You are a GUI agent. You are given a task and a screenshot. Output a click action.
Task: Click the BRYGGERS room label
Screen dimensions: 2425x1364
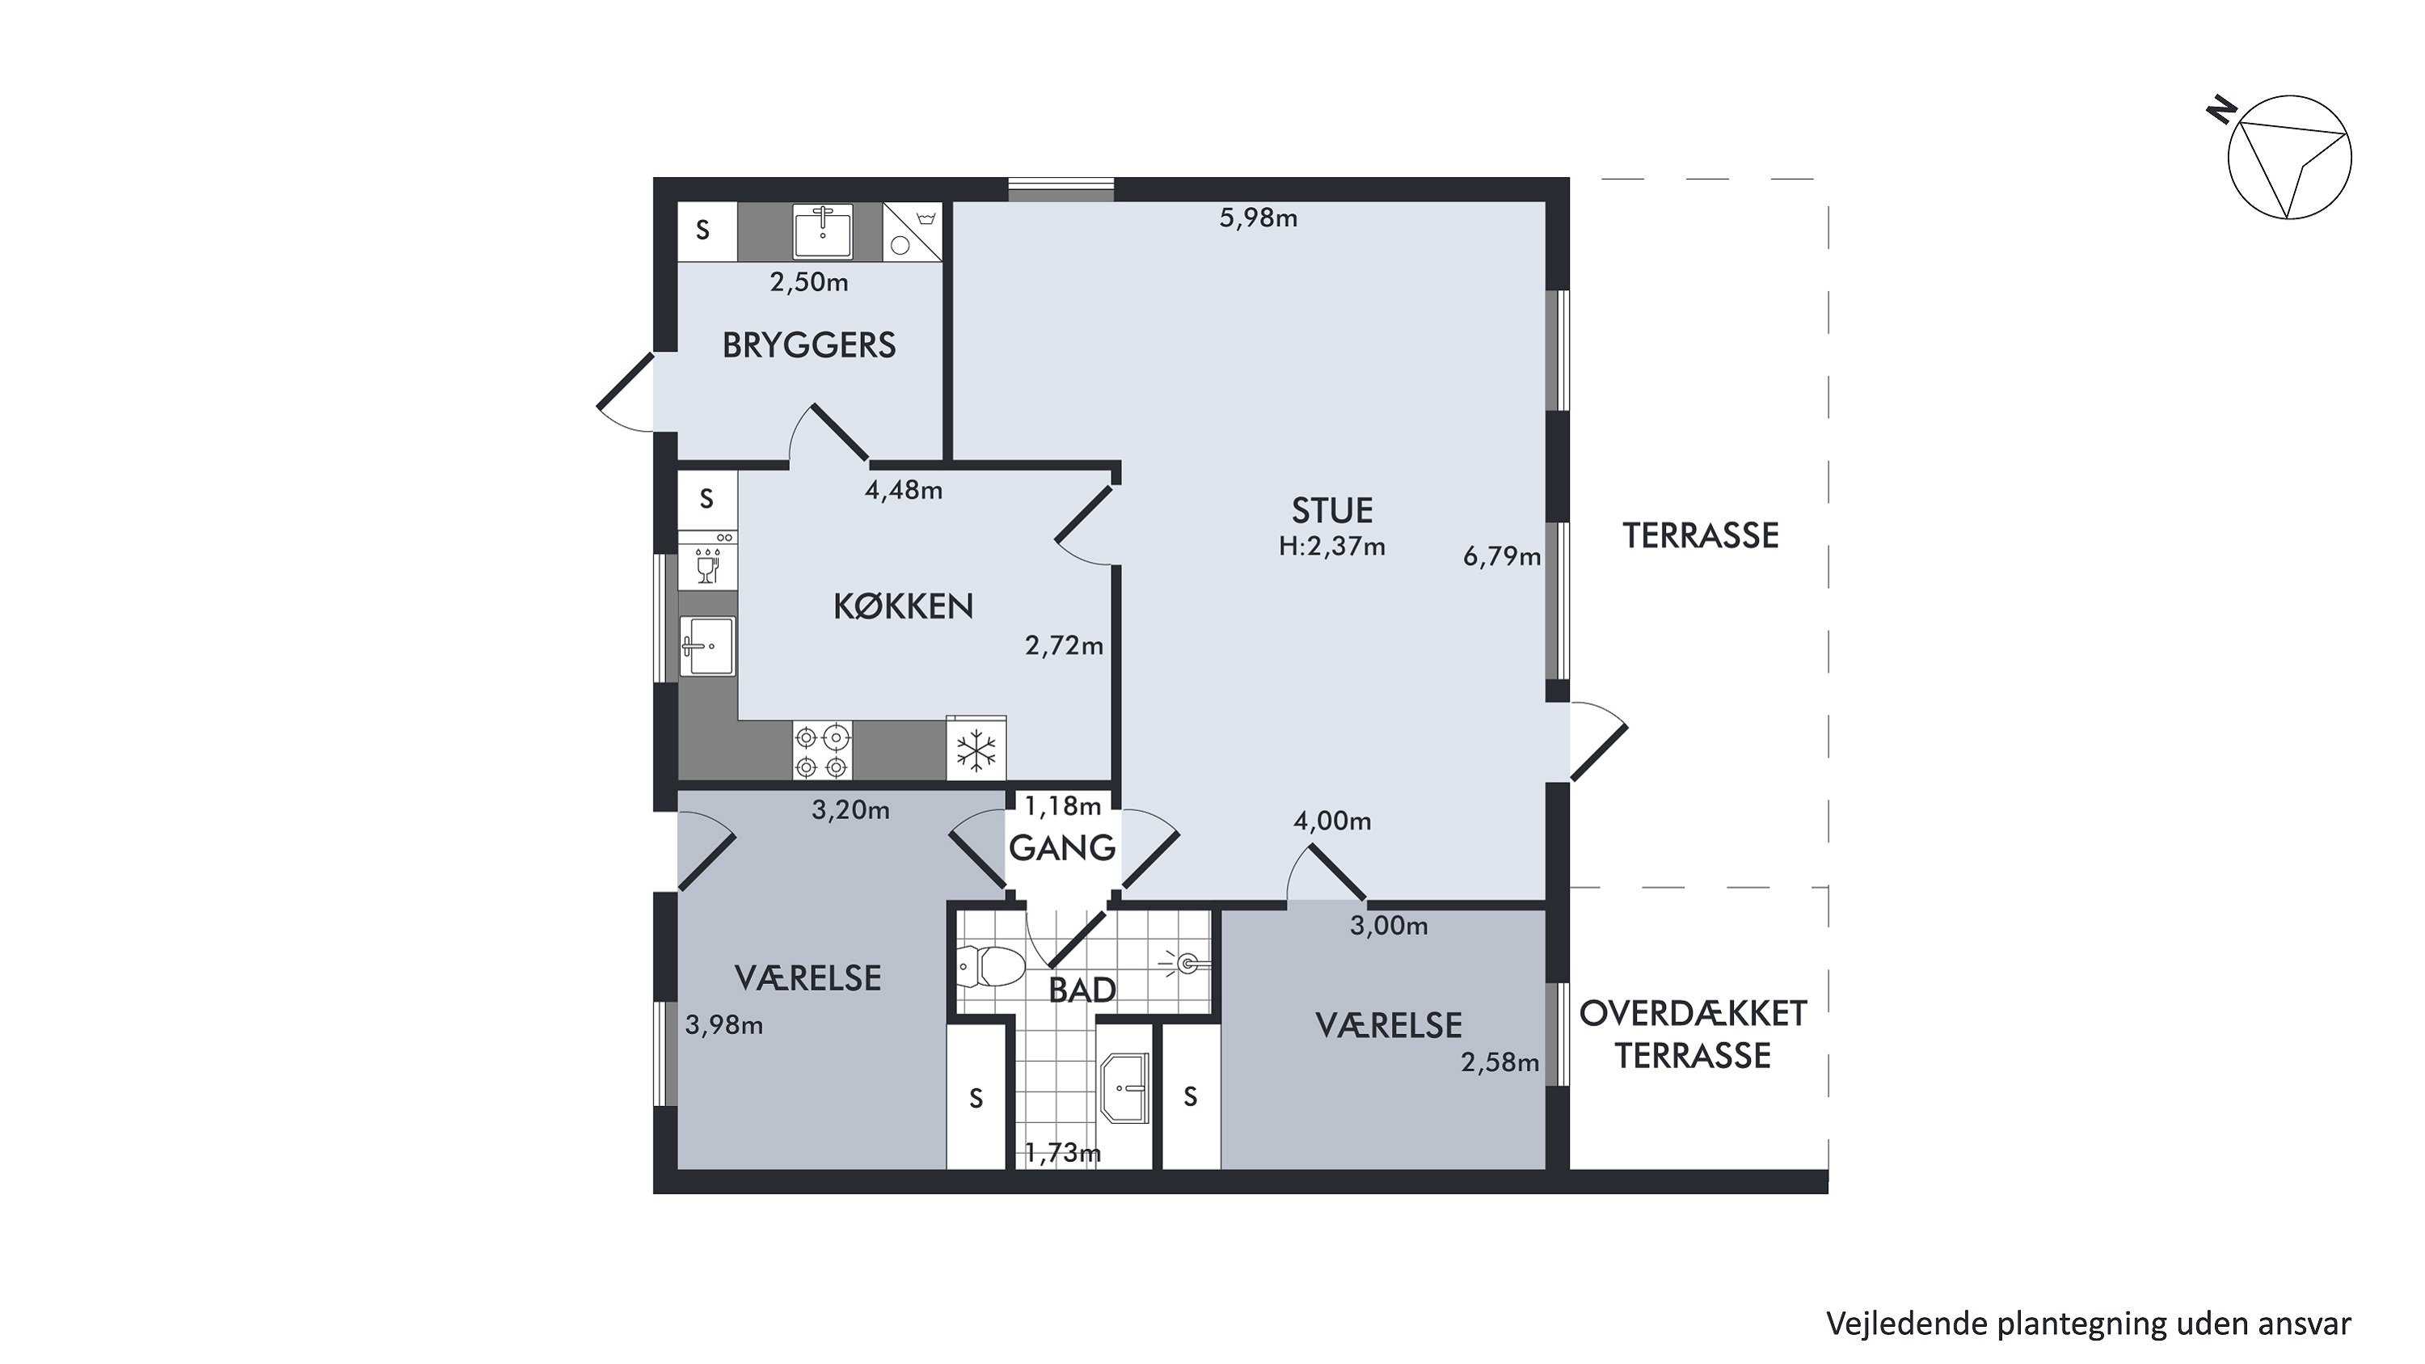point(808,345)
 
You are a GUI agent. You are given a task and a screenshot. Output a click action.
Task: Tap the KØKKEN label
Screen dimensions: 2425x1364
point(903,606)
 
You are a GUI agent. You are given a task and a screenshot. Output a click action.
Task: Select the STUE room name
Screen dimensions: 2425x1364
point(1332,510)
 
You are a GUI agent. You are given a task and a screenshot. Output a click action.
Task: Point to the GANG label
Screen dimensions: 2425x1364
point(1062,848)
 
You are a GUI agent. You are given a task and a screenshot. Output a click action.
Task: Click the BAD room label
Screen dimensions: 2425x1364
point(1082,990)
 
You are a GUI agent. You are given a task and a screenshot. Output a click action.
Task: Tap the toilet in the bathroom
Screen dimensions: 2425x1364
point(991,966)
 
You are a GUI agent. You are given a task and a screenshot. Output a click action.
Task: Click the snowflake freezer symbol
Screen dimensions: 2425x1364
point(976,750)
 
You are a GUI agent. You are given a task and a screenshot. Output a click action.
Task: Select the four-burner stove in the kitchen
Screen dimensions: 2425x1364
point(822,750)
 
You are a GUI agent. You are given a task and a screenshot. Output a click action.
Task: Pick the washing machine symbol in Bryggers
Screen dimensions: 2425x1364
point(912,231)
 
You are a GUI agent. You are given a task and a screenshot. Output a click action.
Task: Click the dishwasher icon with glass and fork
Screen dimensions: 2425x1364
point(707,561)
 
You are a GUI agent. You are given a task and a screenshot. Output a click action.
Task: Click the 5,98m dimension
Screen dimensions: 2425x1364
point(1259,218)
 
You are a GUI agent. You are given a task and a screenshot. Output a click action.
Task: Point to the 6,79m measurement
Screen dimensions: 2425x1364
point(1502,556)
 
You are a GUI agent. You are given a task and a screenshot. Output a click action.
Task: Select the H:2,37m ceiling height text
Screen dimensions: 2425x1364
point(1332,546)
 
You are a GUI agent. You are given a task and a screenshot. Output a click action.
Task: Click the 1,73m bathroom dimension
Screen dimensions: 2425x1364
point(1063,1152)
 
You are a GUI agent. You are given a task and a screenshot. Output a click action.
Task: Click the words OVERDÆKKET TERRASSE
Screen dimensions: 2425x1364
point(1693,1035)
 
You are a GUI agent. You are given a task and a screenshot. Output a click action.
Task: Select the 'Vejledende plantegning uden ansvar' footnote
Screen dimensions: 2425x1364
point(2089,1324)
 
